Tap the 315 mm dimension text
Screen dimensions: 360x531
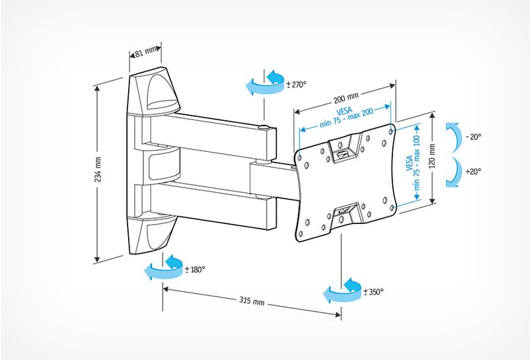[251, 301]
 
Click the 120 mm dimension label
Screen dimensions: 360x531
[432, 157]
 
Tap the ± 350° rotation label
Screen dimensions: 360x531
[372, 291]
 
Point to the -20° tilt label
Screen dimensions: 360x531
[473, 137]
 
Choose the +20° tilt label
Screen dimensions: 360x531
[473, 171]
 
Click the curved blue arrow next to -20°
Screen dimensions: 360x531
[453, 137]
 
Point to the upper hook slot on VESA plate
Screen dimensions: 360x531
[343, 150]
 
